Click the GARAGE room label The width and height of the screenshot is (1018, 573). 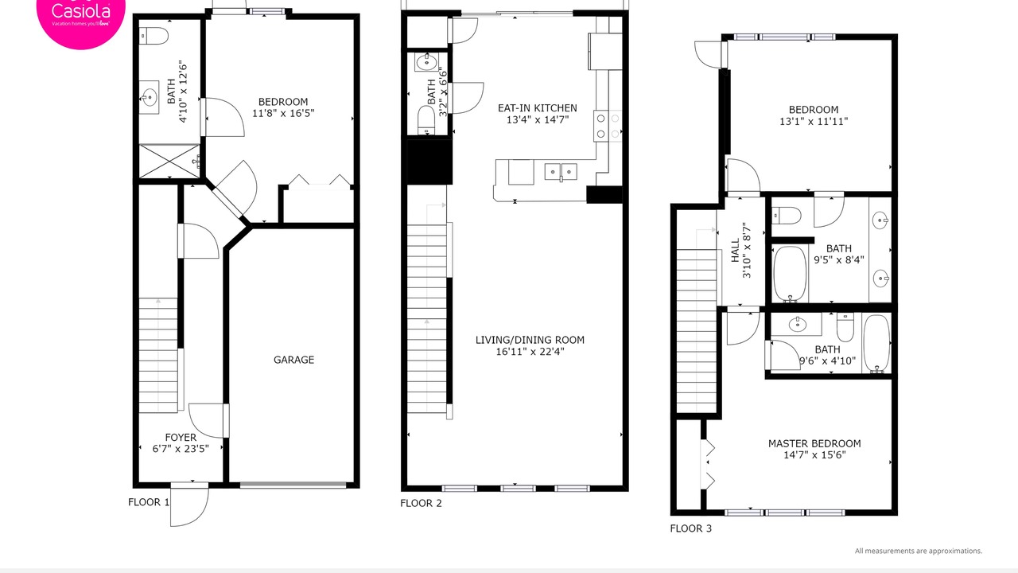(293, 360)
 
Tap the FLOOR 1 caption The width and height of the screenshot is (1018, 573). (149, 502)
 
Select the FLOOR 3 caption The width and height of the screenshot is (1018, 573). (691, 528)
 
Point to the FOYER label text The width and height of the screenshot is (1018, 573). (181, 438)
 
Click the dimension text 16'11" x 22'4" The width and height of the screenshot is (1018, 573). (530, 352)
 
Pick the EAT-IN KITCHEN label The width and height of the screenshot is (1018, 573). (538, 108)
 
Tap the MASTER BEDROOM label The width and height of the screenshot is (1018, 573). (814, 443)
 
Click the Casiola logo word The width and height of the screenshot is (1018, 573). (81, 10)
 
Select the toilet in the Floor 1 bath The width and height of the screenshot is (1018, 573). (153, 36)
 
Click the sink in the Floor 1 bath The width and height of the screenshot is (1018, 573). (149, 97)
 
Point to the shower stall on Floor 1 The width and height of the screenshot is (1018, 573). (169, 162)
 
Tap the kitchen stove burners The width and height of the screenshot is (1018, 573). (608, 126)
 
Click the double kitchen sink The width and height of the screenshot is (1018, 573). (561, 172)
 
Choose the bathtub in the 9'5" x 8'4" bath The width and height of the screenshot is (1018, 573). (791, 274)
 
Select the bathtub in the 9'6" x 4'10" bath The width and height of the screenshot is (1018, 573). (876, 343)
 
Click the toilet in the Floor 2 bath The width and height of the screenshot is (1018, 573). (426, 120)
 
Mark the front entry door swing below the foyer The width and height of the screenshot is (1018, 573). (189, 506)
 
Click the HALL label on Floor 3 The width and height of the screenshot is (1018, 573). (736, 251)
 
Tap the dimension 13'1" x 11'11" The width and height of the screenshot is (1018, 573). (814, 122)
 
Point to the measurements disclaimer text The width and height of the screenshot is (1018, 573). (919, 551)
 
